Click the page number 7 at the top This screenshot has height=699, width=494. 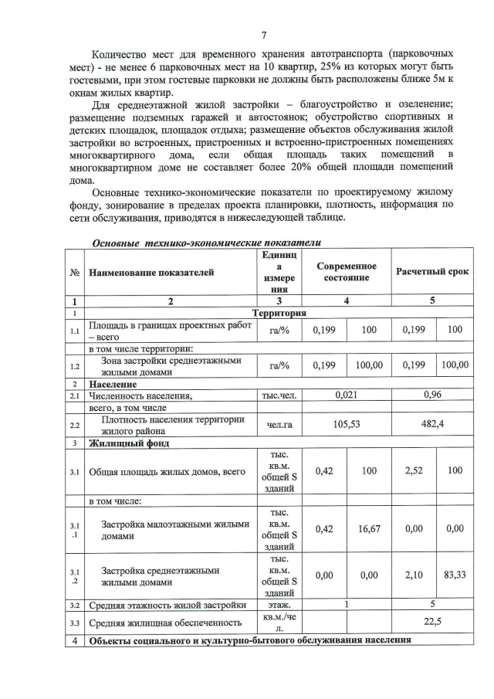(x=264, y=36)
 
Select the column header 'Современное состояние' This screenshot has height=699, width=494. (x=347, y=271)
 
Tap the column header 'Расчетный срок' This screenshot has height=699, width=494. (x=432, y=272)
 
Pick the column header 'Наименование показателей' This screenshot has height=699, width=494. (x=151, y=272)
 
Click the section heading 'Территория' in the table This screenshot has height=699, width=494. (x=279, y=313)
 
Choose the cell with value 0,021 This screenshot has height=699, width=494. (x=347, y=395)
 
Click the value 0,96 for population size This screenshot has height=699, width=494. (x=432, y=395)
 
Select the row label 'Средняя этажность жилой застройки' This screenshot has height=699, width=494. (x=168, y=605)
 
